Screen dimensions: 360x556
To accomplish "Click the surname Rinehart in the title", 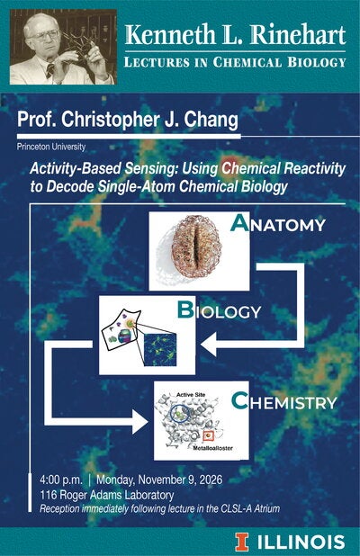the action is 298,35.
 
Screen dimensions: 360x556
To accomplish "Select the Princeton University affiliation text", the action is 51,146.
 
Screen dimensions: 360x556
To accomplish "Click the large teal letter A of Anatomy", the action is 239,223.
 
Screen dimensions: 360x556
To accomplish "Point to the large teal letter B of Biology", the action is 186,309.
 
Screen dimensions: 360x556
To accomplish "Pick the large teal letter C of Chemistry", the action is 239,400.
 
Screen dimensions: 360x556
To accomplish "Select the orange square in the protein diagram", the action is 208,435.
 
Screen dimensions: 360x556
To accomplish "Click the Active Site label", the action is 191,394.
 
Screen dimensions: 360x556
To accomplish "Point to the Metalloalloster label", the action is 212,448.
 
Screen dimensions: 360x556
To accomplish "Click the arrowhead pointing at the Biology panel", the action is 209,344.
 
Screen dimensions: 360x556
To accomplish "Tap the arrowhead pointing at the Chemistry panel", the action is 140,422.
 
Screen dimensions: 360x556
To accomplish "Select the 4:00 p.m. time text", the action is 61,480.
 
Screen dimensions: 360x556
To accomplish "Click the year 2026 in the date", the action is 211,480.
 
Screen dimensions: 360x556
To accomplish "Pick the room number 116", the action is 49,495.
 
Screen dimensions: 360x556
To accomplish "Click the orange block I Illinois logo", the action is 242,543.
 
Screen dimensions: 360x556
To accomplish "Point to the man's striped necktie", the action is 50,70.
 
